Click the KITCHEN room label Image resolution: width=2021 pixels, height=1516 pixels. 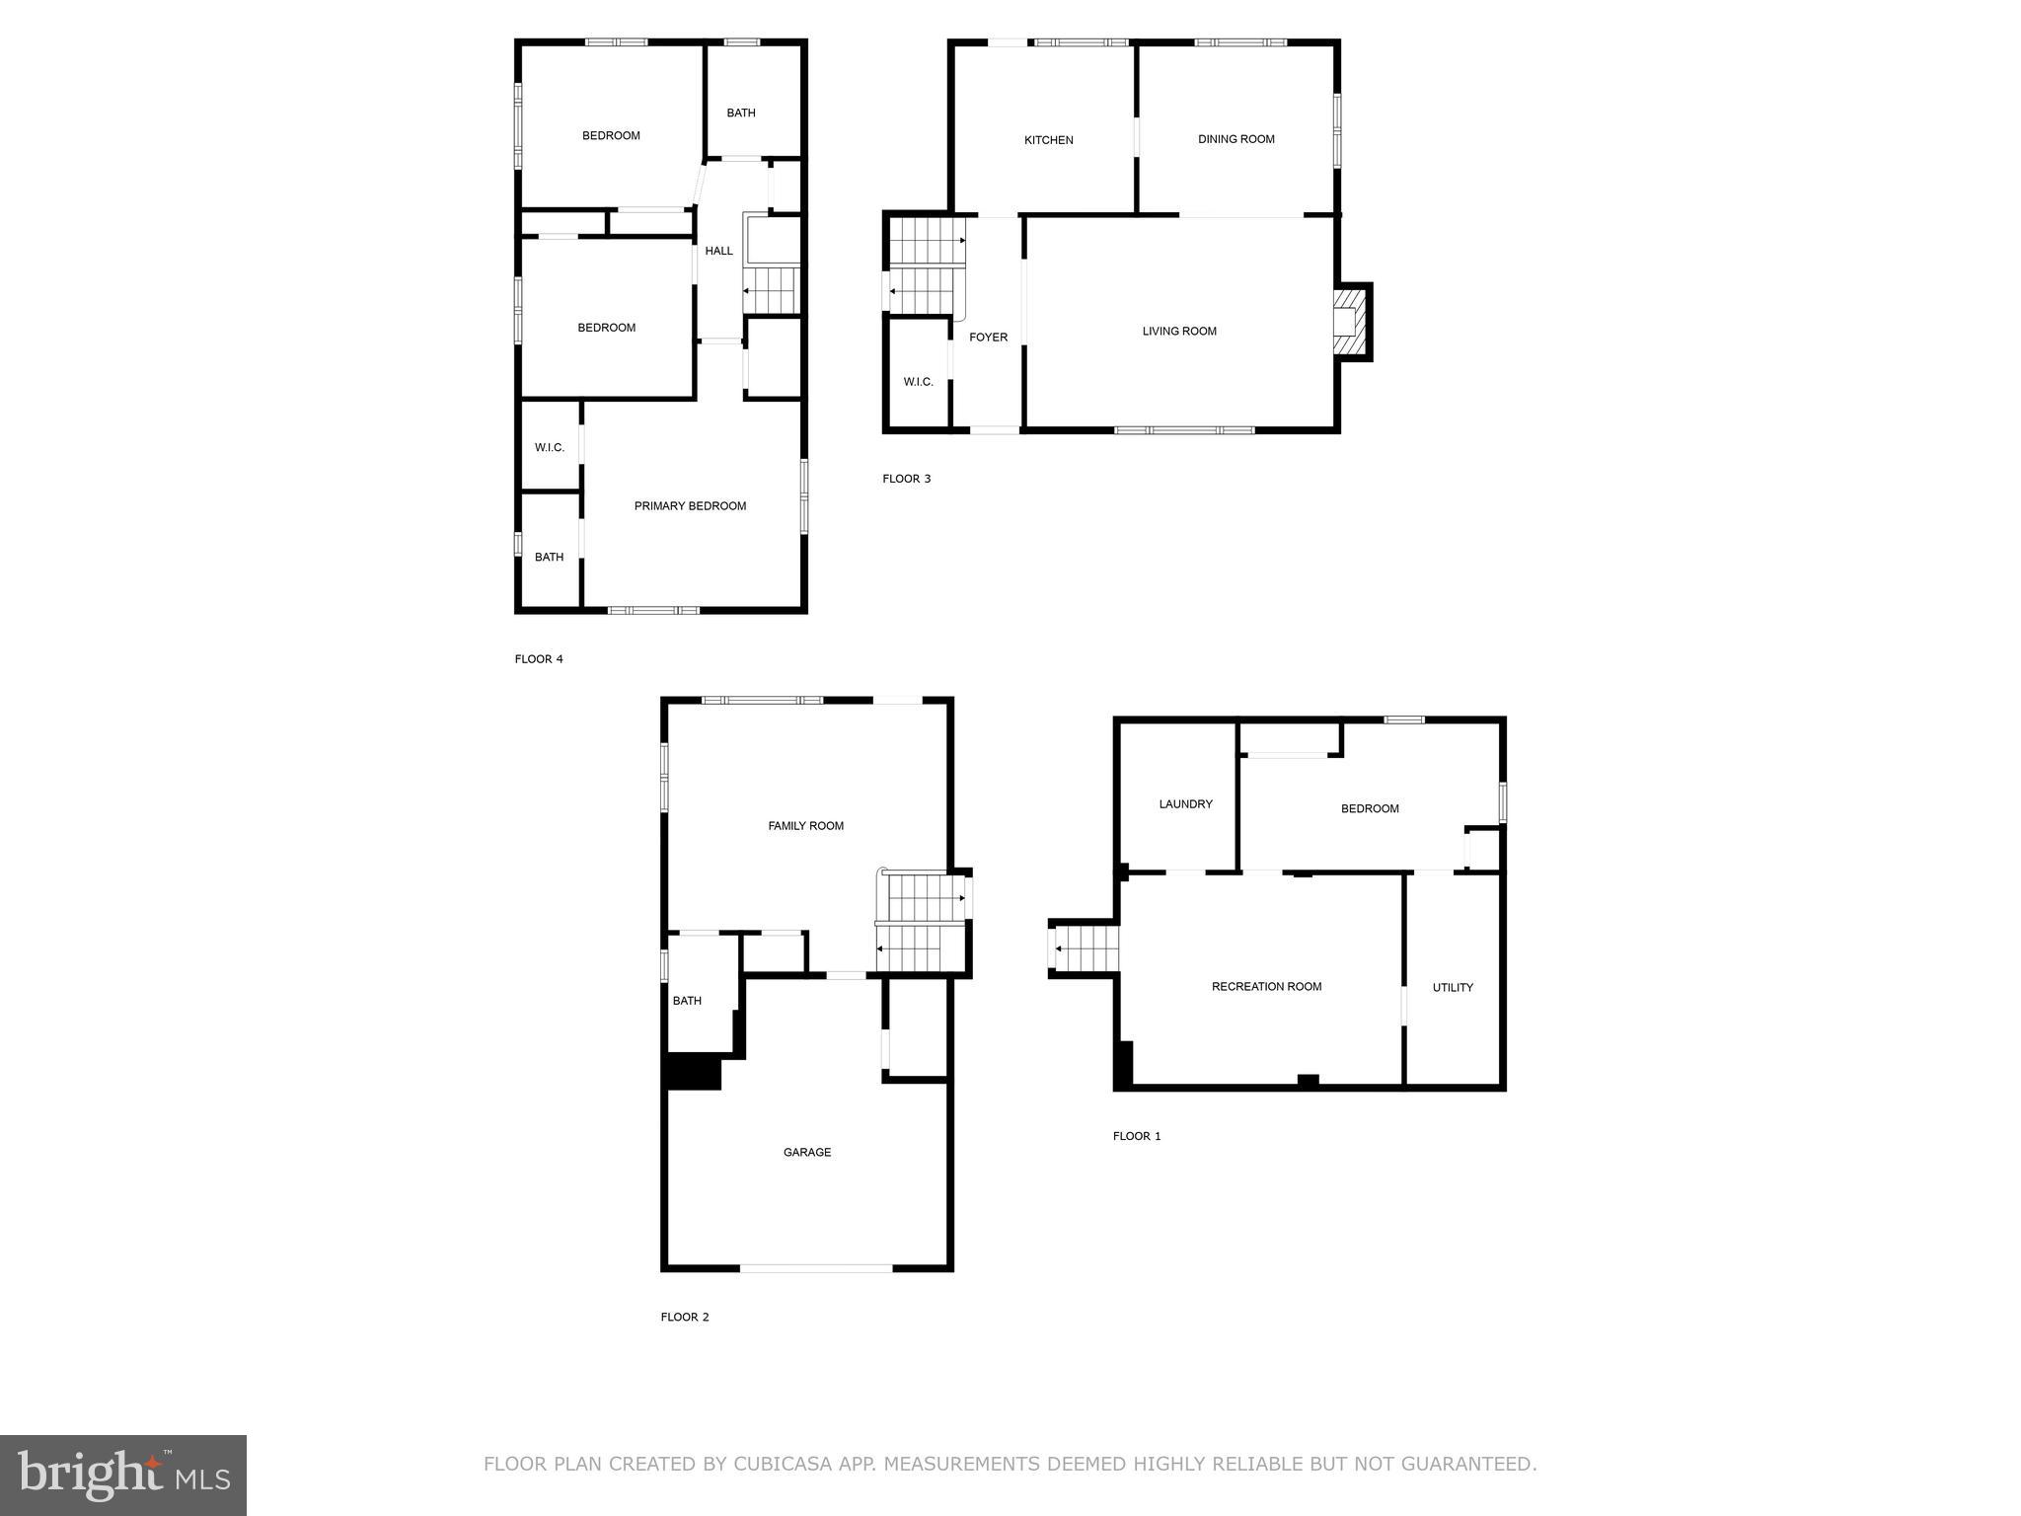pyautogui.click(x=1048, y=140)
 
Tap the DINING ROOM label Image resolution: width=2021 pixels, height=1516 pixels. pyautogui.click(x=1235, y=139)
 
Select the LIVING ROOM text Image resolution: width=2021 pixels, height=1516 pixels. pyautogui.click(x=1179, y=332)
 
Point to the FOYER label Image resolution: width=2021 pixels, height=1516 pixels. pyautogui.click(x=988, y=338)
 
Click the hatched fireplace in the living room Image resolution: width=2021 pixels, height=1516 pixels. pyautogui.click(x=1349, y=322)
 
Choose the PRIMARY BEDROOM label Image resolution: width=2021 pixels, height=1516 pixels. pyautogui.click(x=690, y=506)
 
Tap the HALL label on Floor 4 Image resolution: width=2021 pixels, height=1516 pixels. pyautogui.click(x=718, y=251)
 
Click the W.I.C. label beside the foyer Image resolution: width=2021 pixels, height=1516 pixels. pyautogui.click(x=918, y=382)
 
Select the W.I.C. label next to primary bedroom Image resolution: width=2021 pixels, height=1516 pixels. pyautogui.click(x=550, y=448)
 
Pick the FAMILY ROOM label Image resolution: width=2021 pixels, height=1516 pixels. pyautogui.click(x=805, y=826)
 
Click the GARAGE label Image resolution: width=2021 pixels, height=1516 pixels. pyautogui.click(x=806, y=1152)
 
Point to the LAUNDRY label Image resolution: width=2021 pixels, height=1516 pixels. pyautogui.click(x=1185, y=804)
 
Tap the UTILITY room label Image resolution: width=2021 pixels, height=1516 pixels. pyautogui.click(x=1453, y=987)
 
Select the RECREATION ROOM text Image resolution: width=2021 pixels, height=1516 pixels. pyautogui.click(x=1266, y=987)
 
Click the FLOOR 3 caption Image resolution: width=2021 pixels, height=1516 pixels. pyautogui.click(x=906, y=479)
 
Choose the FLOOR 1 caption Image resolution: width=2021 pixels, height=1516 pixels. pyautogui.click(x=1137, y=1136)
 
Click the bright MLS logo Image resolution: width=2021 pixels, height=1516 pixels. pyautogui.click(x=123, y=1475)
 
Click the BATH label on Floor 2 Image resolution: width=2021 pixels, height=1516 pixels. pyautogui.click(x=687, y=1001)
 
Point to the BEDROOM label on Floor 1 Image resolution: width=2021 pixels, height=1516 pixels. pyautogui.click(x=1370, y=809)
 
